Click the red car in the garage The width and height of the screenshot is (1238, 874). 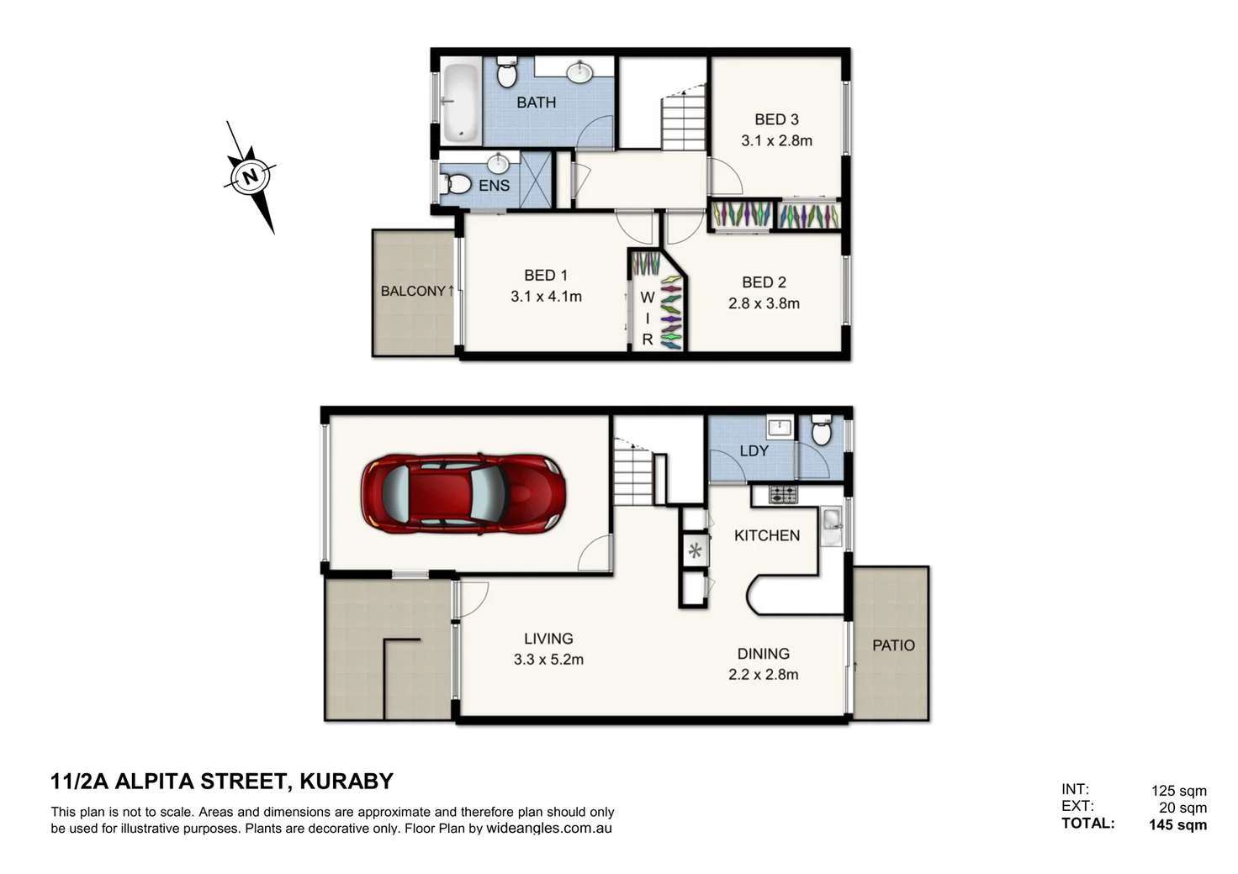click(463, 494)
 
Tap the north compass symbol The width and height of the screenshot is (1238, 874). click(250, 177)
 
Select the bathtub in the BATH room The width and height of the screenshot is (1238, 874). click(460, 103)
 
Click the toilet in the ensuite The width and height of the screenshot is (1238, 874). click(457, 183)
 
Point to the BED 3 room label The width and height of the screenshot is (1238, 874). click(775, 119)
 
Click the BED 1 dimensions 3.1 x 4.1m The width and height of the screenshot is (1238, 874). click(546, 296)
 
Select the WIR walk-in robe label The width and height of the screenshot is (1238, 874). click(647, 319)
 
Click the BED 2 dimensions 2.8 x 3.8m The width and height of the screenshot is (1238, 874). click(764, 303)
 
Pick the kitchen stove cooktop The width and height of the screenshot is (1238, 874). click(783, 495)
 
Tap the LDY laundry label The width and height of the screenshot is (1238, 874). click(754, 450)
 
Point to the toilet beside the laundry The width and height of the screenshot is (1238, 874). click(822, 432)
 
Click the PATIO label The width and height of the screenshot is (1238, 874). click(893, 645)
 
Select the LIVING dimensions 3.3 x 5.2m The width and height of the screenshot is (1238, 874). click(548, 660)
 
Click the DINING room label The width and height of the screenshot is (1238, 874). click(763, 653)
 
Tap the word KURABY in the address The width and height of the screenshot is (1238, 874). click(347, 782)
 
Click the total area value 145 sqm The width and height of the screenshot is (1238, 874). click(1177, 824)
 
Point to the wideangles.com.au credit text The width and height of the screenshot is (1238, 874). click(548, 828)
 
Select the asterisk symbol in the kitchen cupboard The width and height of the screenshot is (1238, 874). click(695, 551)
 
